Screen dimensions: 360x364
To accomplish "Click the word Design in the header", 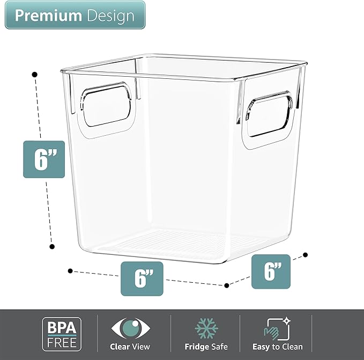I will point(109,16).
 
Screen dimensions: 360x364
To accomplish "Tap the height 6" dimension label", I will point(44,159).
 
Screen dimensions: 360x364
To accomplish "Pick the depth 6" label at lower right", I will point(271,271).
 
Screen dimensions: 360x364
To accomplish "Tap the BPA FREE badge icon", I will point(62,334).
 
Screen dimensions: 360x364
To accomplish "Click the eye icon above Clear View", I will point(130,328).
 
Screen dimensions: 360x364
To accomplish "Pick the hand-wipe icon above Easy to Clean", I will point(277,328).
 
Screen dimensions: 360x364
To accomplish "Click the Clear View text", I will point(130,347).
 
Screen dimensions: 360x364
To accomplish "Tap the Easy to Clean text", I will point(277,347).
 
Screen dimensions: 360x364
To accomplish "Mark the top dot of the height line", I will point(35,74).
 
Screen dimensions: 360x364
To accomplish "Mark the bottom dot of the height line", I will point(52,246).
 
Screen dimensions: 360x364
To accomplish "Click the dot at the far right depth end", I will point(306,255).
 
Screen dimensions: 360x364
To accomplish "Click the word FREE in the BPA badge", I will point(62,341).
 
